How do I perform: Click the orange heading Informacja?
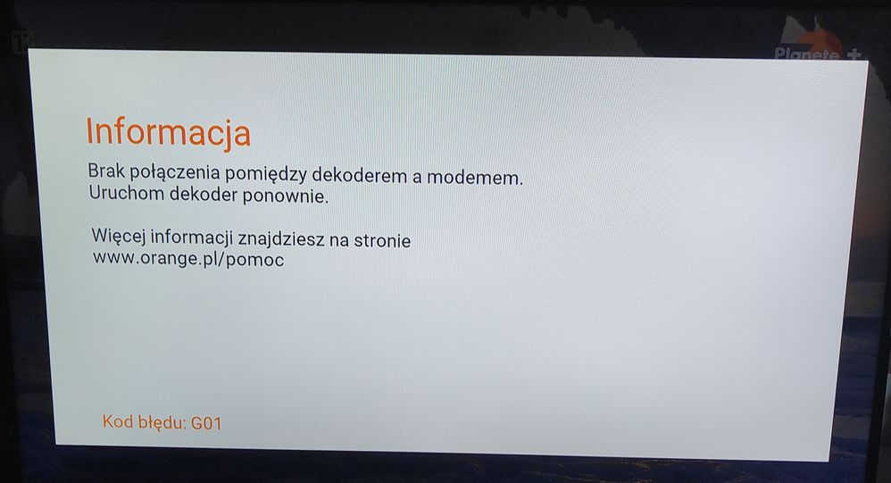[168, 133]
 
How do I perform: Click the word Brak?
[105, 173]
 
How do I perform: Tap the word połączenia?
[177, 175]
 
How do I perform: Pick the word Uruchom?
[124, 196]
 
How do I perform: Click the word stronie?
[381, 241]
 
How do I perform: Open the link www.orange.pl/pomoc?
[187, 261]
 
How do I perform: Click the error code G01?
[205, 422]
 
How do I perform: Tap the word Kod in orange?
[117, 421]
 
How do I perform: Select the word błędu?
[161, 422]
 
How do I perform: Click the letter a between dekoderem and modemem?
[416, 178]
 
